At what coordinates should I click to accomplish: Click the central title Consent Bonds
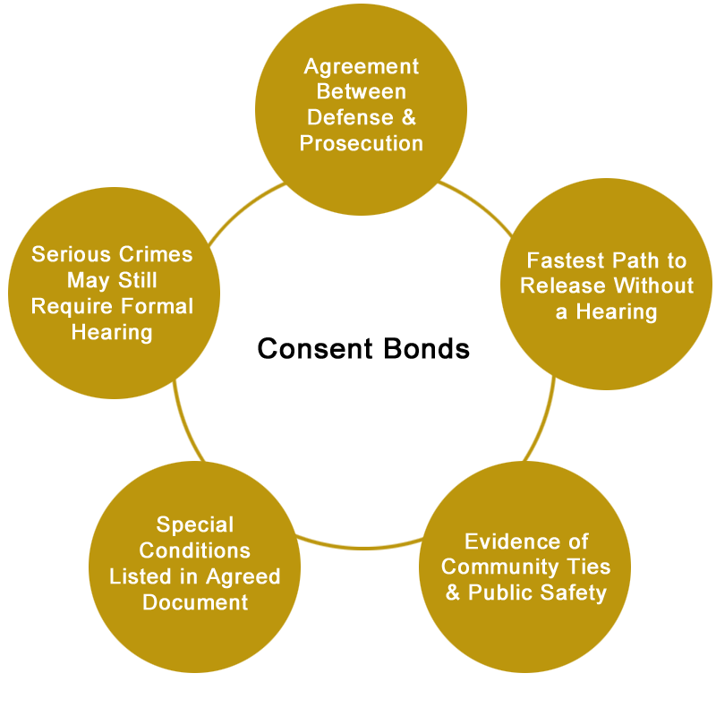(x=363, y=348)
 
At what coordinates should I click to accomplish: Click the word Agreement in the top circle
(x=362, y=66)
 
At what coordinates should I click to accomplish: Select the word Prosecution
(x=362, y=143)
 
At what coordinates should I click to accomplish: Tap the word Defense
(x=350, y=117)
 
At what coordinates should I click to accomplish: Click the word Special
(x=195, y=524)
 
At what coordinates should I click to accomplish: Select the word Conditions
(x=195, y=550)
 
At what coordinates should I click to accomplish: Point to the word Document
(x=195, y=602)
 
